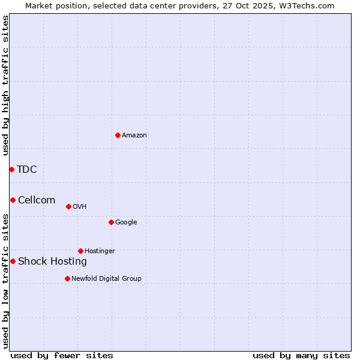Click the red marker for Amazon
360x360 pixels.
click(118, 135)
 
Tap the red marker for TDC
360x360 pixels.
click(11, 169)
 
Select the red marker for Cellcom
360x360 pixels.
click(13, 200)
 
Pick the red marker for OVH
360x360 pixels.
click(68, 206)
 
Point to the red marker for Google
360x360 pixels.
click(111, 222)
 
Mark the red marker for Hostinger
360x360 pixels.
click(80, 251)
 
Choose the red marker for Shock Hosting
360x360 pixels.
click(13, 261)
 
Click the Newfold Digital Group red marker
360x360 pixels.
click(67, 278)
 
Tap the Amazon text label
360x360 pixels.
click(134, 136)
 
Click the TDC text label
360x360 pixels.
click(27, 169)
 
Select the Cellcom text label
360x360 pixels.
click(37, 200)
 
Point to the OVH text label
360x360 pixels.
click(80, 207)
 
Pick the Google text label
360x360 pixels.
click(126, 223)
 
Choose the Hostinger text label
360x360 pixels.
click(100, 251)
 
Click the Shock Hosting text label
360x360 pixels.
click(52, 262)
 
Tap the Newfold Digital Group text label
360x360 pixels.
click(106, 278)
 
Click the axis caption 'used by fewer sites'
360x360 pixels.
click(62, 355)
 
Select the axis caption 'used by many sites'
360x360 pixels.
click(301, 355)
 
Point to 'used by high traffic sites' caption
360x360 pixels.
click(5, 85)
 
